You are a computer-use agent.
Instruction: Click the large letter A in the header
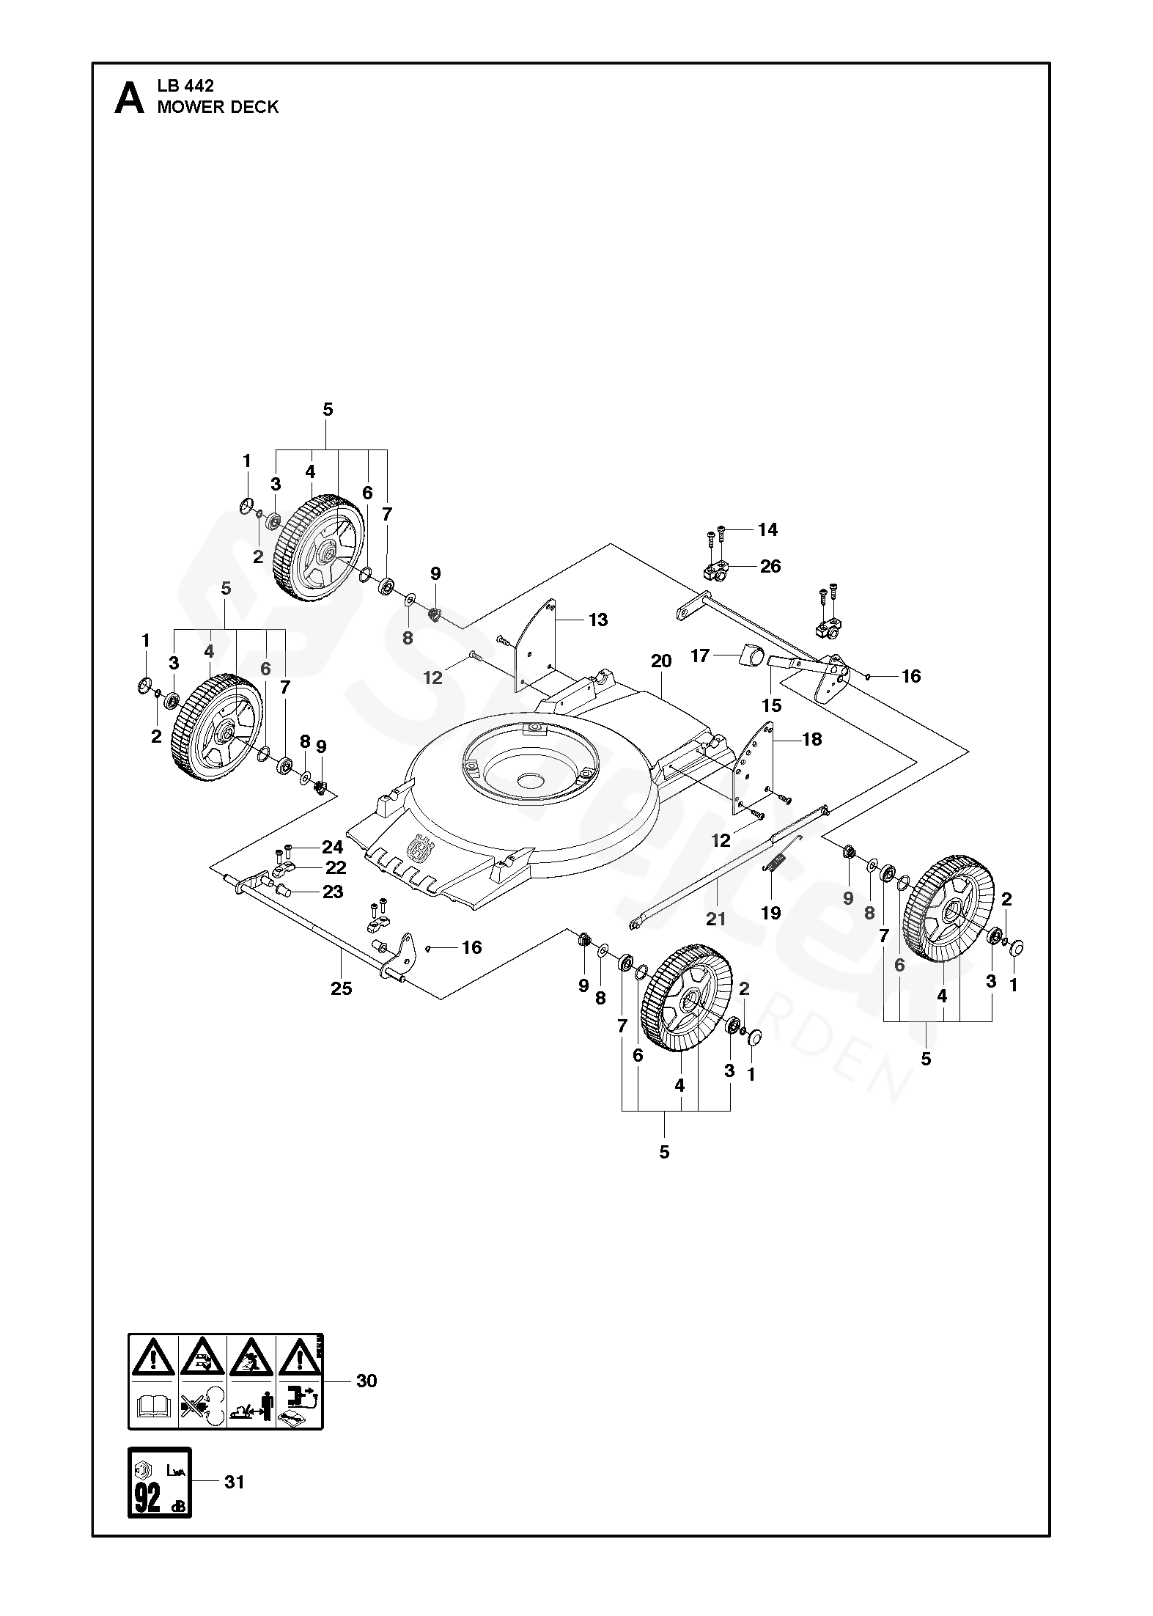[x=130, y=98]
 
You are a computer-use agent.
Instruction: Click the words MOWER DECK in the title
[x=218, y=107]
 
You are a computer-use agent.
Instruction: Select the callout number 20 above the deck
[x=660, y=661]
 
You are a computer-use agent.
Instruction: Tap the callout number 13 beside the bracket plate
[x=598, y=620]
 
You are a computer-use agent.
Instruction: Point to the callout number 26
[x=770, y=566]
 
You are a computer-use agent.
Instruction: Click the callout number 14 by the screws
[x=767, y=529]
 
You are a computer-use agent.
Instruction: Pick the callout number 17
[x=700, y=655]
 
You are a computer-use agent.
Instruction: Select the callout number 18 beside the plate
[x=811, y=739]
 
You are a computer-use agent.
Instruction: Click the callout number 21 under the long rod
[x=715, y=919]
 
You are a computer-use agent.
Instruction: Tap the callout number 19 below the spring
[x=771, y=913]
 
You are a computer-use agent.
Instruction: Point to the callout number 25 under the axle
[x=341, y=988]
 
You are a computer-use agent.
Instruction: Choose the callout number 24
[x=332, y=848]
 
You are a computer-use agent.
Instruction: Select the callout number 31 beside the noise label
[x=234, y=1482]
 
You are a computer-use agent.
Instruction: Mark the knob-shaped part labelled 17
[x=749, y=654]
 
